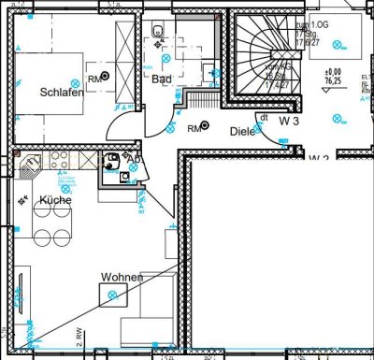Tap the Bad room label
pyautogui.click(x=162, y=79)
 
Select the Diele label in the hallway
pyautogui.click(x=243, y=132)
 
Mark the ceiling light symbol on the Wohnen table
pyautogui.click(x=115, y=295)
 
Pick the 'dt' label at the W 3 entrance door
pyautogui.click(x=264, y=118)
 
